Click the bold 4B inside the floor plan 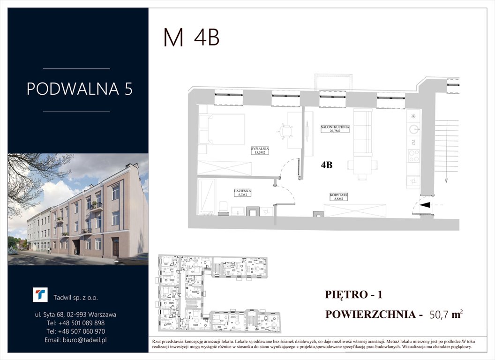tap(327, 165)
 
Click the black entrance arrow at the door tap(425, 205)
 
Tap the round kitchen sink tap(413, 128)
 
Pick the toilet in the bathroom tap(224, 207)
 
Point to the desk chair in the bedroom tap(285, 132)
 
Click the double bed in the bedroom tap(221, 129)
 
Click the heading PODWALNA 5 tap(79, 89)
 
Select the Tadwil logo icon tap(40, 295)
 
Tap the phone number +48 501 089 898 tap(76, 323)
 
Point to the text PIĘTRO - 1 tap(354, 295)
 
